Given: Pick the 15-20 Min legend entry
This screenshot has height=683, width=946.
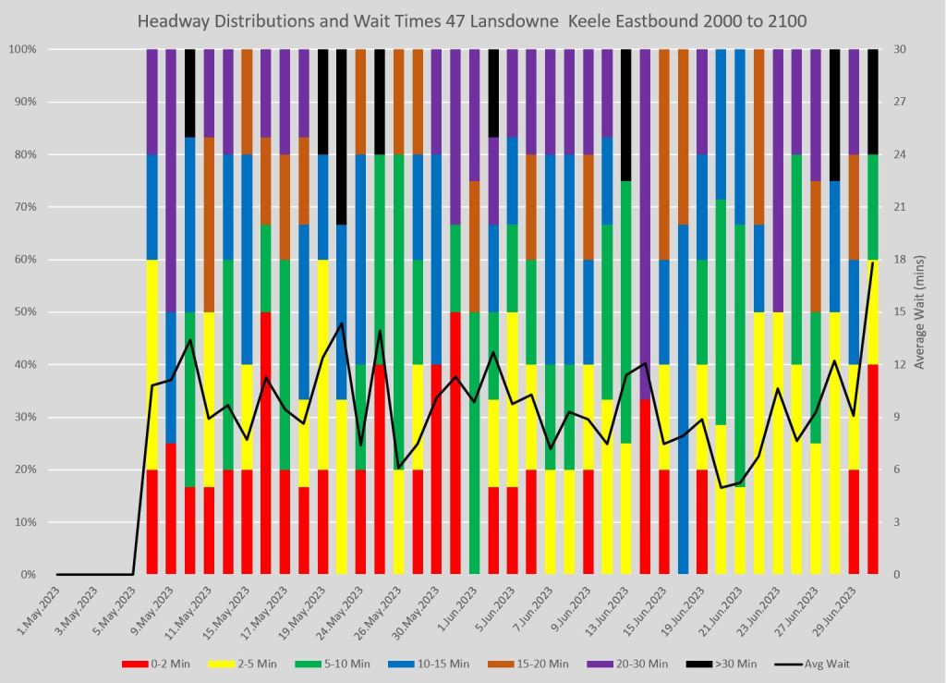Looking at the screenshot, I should coord(539,664).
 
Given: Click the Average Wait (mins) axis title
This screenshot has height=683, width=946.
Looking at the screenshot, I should coord(920,312).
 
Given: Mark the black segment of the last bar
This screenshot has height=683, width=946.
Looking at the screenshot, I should coord(873,102).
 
